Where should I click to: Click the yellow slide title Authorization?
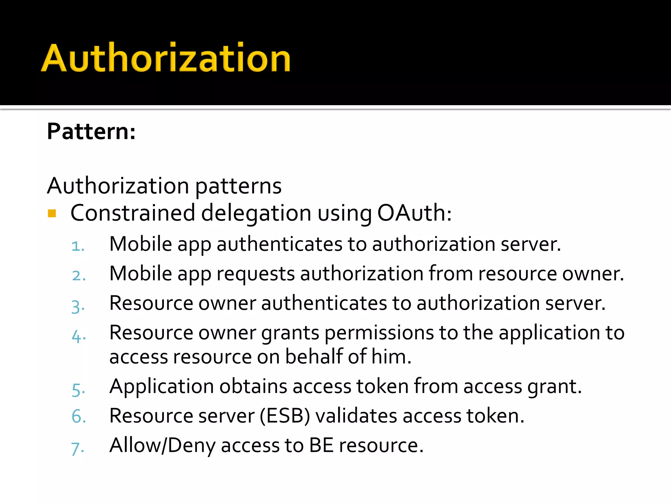tap(166, 58)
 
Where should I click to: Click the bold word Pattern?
tap(91, 132)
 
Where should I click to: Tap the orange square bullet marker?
tap(52, 214)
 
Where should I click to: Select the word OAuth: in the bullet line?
tap(414, 213)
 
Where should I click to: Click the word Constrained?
tap(133, 213)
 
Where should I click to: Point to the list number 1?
tap(78, 246)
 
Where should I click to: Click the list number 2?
tap(79, 276)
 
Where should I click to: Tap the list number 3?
tap(78, 307)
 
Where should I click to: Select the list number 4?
tap(79, 336)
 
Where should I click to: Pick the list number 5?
tap(79, 390)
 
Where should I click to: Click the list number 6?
tap(79, 417)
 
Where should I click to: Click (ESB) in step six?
tap(285, 416)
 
